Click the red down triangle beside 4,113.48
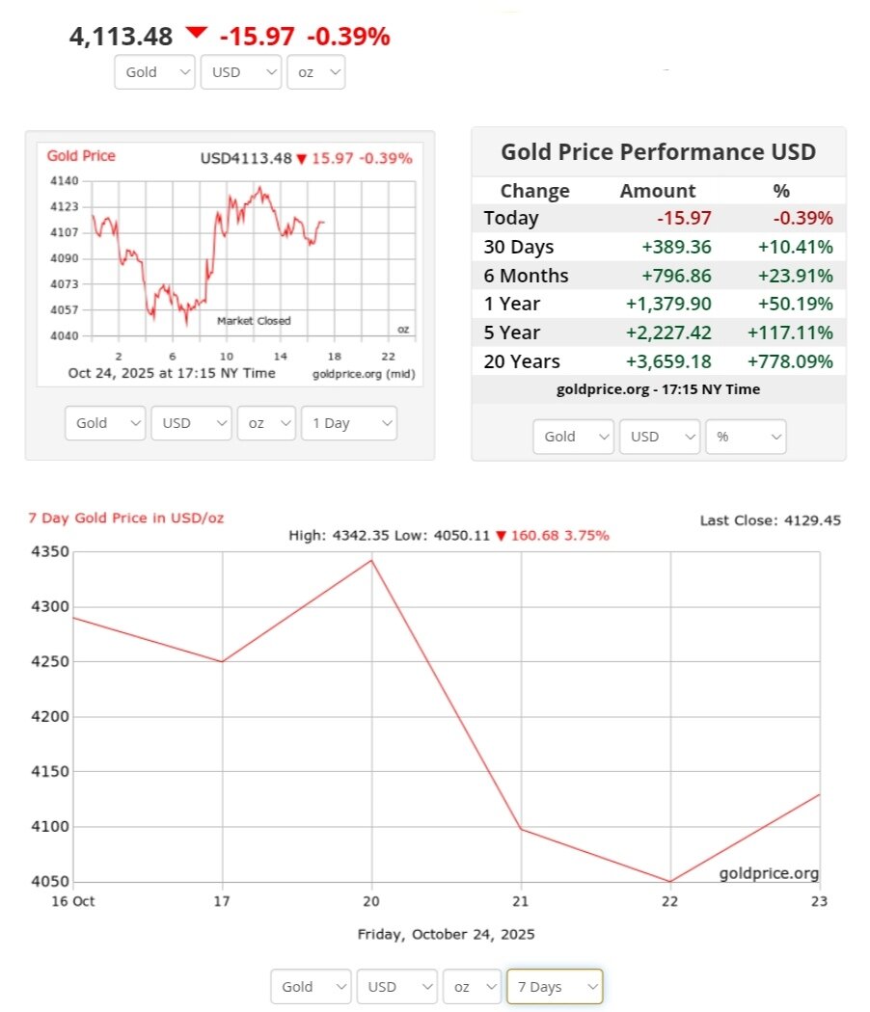tap(197, 33)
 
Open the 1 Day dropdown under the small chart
tap(348, 423)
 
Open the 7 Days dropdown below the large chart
tap(555, 986)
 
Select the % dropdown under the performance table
tap(746, 437)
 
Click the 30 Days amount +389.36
tap(676, 247)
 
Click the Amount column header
tap(657, 191)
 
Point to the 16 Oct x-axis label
tap(74, 900)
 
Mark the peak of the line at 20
tap(371, 560)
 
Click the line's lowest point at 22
tap(669, 881)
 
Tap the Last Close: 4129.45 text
tap(770, 520)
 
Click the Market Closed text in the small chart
tap(254, 321)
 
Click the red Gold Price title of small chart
tap(81, 156)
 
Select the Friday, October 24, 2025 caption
tap(446, 934)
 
